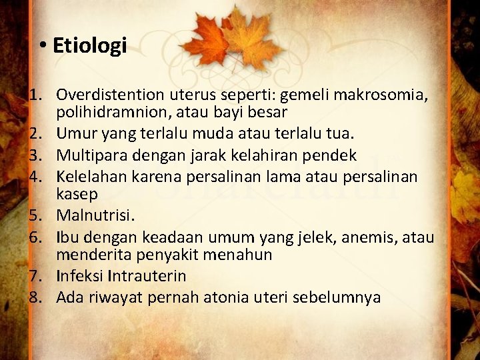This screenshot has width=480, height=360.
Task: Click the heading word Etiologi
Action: pyautogui.click(x=89, y=46)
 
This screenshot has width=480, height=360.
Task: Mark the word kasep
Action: pyautogui.click(x=77, y=193)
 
